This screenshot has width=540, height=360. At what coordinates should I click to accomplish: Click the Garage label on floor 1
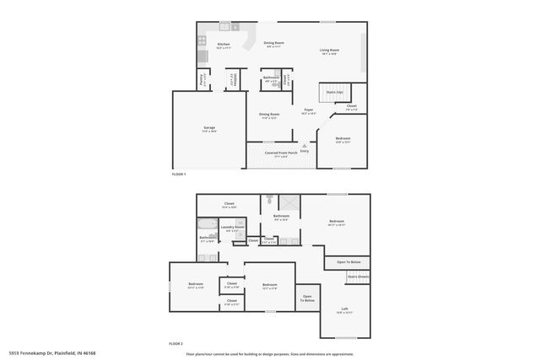tap(209, 129)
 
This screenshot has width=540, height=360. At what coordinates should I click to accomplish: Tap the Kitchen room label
tap(224, 46)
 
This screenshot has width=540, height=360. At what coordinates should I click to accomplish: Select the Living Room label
tap(329, 51)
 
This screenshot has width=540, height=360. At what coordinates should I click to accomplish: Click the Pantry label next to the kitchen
tap(201, 81)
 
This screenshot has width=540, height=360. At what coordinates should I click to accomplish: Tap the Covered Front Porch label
tap(281, 153)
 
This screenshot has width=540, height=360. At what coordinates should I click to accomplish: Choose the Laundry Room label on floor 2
tap(233, 228)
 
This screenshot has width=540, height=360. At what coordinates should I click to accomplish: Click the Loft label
tap(344, 309)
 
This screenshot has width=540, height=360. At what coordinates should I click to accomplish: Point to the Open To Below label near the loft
tap(348, 261)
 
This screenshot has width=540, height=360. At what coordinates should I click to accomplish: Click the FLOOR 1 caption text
tap(178, 173)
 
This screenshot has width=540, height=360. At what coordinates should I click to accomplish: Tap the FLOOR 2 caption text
tap(175, 344)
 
